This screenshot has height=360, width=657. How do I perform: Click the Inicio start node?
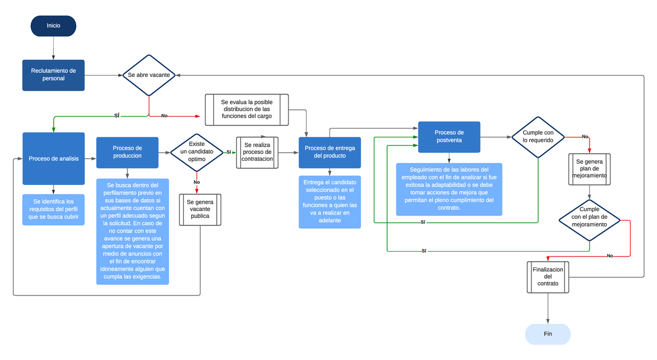point(53,26)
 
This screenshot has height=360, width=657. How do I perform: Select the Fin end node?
point(547,334)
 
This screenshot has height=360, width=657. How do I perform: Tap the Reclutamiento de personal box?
point(53,75)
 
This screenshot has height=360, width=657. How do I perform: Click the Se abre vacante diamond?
point(148,75)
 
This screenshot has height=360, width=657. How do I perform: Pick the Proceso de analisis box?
point(53,159)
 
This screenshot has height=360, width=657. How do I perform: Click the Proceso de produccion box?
point(127,152)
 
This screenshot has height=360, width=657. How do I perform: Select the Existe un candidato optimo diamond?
point(197,152)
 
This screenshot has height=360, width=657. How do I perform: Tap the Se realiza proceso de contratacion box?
point(257,152)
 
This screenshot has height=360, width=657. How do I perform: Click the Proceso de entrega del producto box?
point(330,152)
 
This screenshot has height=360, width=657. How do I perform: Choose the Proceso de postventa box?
point(449,137)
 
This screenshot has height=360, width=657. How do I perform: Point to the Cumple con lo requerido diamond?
point(538,137)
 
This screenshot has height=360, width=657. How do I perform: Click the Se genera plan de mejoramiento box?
point(589,169)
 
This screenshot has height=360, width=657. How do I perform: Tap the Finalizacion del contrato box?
point(547,277)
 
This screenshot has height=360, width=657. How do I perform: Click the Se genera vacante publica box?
point(200,209)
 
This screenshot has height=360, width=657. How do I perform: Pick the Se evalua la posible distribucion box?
point(246,109)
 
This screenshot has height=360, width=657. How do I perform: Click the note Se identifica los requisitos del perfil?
point(53,210)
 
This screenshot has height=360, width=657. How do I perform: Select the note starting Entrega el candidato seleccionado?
point(330,201)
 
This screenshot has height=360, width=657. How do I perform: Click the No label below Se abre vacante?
point(164,116)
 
